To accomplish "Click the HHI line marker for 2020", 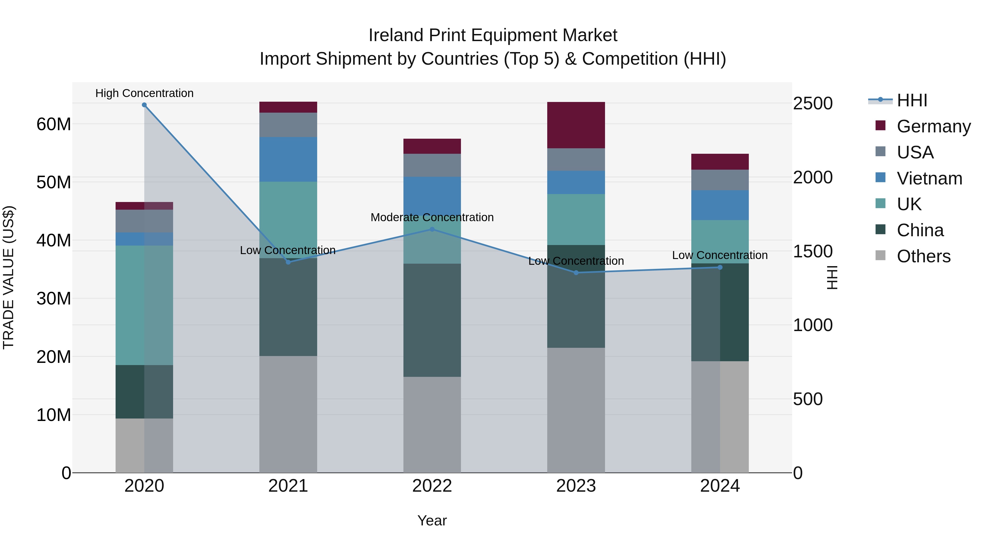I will coord(144,105).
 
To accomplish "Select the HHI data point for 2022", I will coord(432,229).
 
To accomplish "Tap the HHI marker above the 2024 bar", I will coord(720,267).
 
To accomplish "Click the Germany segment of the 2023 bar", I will coord(576,125).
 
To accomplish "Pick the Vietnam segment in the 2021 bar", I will coord(288,159).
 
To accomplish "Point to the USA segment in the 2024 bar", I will coord(720,180).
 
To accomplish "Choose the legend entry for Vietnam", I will coord(929,178).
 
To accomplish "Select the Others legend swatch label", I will coord(923,256).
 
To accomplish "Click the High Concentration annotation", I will coord(144,93).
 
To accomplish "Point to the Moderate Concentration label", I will coord(432,218).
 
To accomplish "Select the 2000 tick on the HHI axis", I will coord(812,178).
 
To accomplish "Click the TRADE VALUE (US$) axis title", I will coord(8,277).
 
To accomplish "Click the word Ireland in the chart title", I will coord(396,36).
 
